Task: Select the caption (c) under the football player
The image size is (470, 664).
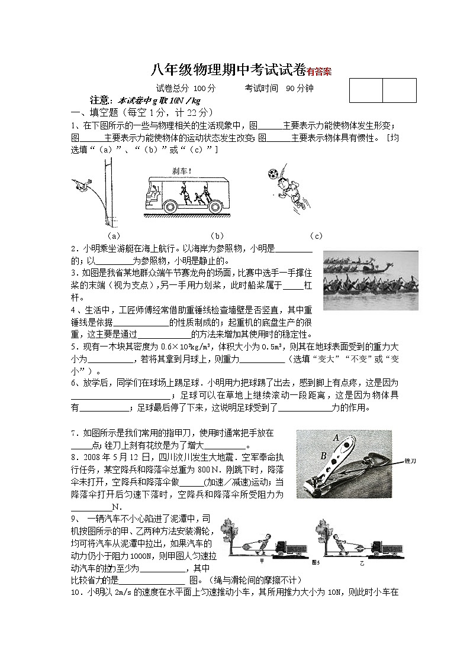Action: pos(316,236)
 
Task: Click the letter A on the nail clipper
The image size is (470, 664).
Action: pos(336,438)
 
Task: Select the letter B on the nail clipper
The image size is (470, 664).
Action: pos(323,455)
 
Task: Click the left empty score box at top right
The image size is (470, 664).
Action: pos(366,90)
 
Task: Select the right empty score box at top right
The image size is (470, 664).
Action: pos(399,90)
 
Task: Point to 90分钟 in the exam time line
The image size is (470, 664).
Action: pos(300,88)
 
